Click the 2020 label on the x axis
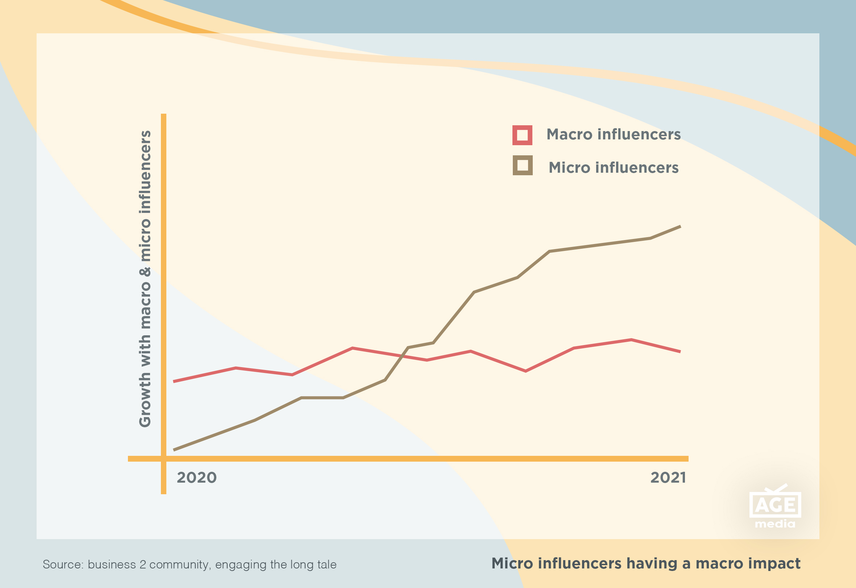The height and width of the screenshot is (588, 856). [x=196, y=478]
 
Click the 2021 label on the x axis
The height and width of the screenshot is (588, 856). [x=668, y=478]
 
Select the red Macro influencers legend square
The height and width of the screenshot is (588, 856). [x=522, y=135]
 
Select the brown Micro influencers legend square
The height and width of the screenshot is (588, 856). [x=523, y=165]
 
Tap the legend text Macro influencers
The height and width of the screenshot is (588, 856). [x=614, y=134]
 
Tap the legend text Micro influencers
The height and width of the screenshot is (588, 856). [x=614, y=168]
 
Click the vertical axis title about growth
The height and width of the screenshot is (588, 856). [x=145, y=279]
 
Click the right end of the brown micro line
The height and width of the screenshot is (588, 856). [x=680, y=227]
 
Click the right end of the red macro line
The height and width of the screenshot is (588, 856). [x=680, y=352]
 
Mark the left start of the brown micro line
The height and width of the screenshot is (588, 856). [x=174, y=450]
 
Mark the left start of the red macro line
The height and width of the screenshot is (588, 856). [x=174, y=381]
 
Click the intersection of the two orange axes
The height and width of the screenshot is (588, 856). [x=164, y=459]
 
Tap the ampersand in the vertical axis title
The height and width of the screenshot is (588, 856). [x=145, y=272]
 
